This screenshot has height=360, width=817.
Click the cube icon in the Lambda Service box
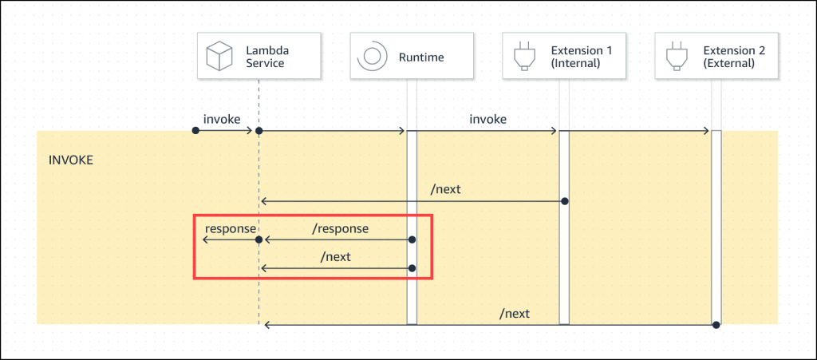218,56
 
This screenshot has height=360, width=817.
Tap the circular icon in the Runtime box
370,56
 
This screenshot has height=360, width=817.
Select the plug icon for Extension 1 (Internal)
523,56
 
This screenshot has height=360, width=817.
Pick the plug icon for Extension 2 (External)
676,56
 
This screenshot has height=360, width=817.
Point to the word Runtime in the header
421,57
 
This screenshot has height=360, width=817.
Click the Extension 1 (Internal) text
582,57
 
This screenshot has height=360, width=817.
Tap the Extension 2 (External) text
734,57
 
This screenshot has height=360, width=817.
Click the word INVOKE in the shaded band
71,160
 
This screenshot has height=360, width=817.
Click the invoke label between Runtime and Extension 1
487,118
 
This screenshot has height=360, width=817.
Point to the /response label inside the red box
341,228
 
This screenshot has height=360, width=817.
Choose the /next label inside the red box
335,257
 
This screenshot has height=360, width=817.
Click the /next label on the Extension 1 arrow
445,190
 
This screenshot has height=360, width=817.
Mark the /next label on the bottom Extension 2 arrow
514,314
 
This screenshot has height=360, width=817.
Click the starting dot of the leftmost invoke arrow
195,130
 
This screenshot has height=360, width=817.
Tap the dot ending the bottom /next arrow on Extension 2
716,324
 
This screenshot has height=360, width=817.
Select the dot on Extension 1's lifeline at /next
564,200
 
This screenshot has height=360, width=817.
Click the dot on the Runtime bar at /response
412,239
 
